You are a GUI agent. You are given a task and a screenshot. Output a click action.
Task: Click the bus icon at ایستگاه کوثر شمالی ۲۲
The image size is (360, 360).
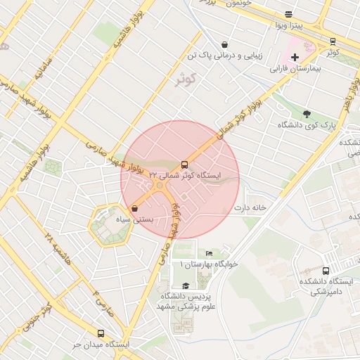[185, 165]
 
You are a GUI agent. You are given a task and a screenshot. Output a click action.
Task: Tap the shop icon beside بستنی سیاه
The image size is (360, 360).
[134, 208]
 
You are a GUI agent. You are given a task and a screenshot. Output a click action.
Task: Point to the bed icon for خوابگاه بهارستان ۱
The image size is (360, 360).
[209, 253]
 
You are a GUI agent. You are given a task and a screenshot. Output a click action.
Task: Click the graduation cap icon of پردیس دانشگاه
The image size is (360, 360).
[186, 285]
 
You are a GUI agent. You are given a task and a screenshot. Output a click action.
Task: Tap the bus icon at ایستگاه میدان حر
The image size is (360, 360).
[101, 334]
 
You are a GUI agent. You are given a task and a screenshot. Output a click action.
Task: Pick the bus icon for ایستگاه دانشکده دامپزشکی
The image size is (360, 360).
[326, 271]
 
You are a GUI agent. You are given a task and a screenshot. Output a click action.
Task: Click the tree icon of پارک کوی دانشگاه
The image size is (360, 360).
[306, 114]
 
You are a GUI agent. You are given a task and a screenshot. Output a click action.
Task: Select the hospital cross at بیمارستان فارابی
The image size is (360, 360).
[295, 56]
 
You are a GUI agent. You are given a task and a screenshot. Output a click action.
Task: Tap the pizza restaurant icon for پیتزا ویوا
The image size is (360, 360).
[288, 15]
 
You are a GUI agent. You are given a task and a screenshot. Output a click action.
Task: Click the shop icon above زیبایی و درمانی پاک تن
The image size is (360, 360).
[224, 44]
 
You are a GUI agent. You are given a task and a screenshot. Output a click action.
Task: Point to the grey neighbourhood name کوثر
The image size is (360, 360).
[186, 79]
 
